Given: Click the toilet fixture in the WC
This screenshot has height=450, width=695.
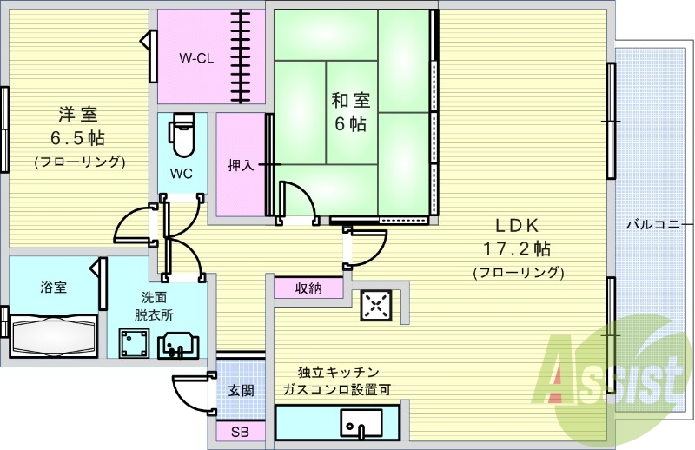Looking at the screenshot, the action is (x=182, y=135).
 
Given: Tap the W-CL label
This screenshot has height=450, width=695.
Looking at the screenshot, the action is (x=196, y=58).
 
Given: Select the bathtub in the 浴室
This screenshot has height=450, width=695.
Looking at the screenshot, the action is (x=53, y=334).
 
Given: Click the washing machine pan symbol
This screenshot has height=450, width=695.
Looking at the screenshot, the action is (x=134, y=342).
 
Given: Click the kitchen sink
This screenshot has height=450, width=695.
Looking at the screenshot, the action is (x=361, y=423).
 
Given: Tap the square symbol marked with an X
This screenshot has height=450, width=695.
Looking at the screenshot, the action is (x=376, y=305).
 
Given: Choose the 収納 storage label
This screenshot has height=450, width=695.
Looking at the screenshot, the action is (x=308, y=288).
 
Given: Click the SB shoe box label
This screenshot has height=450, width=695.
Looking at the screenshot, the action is (x=240, y=432).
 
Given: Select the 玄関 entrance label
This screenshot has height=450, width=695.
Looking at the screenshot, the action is (x=242, y=391).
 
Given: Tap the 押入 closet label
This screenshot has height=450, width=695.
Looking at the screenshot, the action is (x=241, y=165).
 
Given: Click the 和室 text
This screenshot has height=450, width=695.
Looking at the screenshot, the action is (x=351, y=100).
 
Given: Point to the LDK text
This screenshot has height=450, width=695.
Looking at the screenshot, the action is (x=516, y=226).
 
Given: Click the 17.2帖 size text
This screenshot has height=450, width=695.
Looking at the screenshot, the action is (x=516, y=248).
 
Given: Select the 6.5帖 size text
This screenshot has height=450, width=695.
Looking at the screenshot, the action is (x=78, y=139).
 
